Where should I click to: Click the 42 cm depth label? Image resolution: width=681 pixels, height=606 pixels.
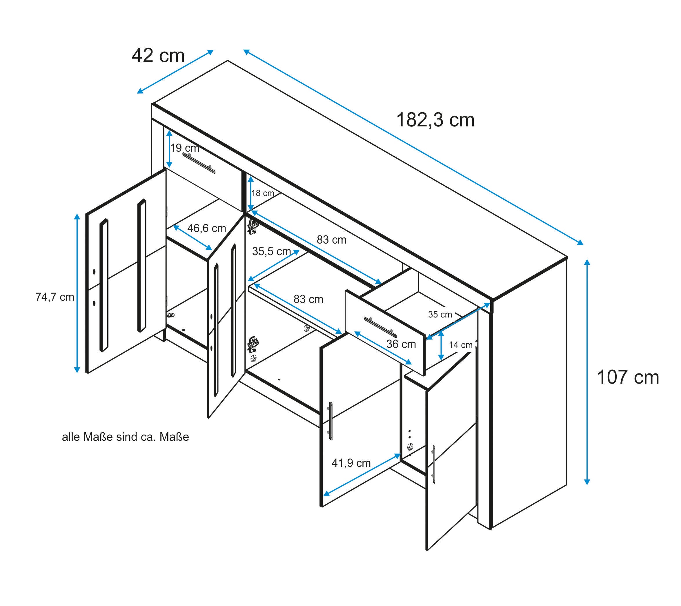(158, 56)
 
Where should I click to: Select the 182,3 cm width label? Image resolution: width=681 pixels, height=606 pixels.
(435, 120)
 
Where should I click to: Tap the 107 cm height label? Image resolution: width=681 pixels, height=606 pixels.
(627, 378)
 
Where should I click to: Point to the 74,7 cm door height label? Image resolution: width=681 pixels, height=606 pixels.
(55, 297)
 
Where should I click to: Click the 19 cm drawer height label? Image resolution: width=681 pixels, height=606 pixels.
(185, 148)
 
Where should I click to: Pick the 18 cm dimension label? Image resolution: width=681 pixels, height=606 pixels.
(263, 193)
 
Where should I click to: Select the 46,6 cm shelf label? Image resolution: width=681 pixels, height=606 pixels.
(207, 228)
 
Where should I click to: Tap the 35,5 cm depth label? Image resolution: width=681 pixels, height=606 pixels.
(272, 251)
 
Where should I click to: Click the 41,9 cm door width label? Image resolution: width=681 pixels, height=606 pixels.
(351, 463)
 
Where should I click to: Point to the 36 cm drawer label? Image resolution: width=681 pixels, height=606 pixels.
(401, 344)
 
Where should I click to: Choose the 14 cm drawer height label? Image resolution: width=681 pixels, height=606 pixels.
(460, 345)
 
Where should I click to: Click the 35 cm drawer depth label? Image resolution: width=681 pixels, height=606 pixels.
(440, 315)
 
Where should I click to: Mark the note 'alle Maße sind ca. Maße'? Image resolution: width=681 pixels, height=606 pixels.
(125, 437)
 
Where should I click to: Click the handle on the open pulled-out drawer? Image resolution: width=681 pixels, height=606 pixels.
(380, 327)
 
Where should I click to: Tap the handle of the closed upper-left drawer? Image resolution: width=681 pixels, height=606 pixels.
(199, 163)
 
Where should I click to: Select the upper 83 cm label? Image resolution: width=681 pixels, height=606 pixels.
(331, 240)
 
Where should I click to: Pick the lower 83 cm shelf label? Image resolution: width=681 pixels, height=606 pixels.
(308, 299)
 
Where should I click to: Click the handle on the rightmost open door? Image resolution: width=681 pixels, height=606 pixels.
(433, 465)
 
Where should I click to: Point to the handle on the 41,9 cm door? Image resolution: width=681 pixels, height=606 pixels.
(330, 421)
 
